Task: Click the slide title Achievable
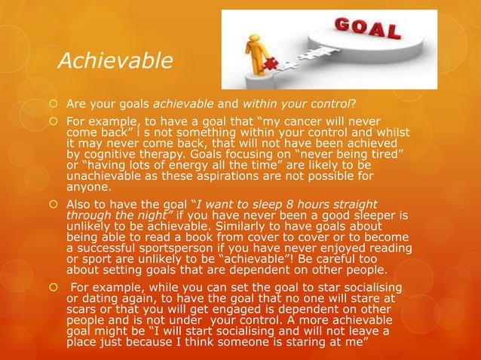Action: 115,59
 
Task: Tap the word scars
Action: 82,310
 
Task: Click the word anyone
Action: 87,189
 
